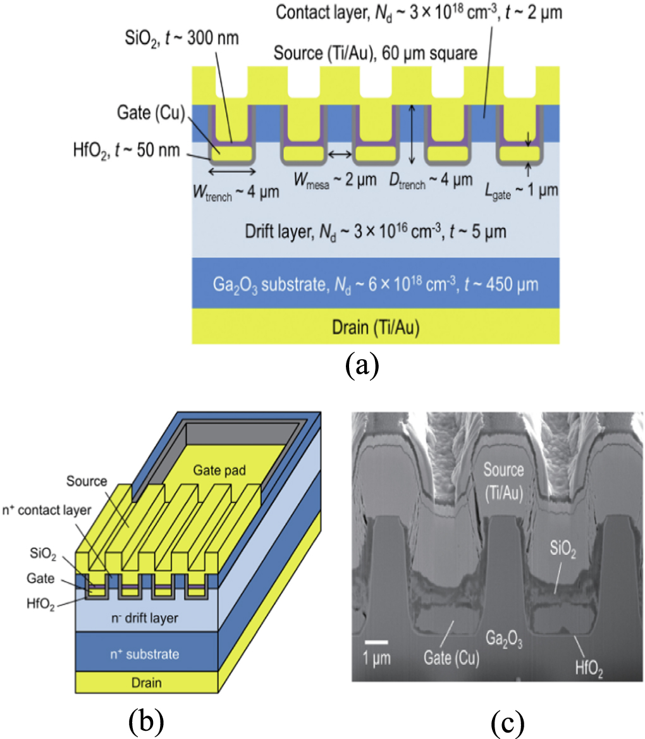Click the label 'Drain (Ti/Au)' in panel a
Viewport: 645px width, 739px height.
376,327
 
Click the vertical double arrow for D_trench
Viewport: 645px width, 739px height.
412,136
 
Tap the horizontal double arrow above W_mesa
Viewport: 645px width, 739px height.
341,154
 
